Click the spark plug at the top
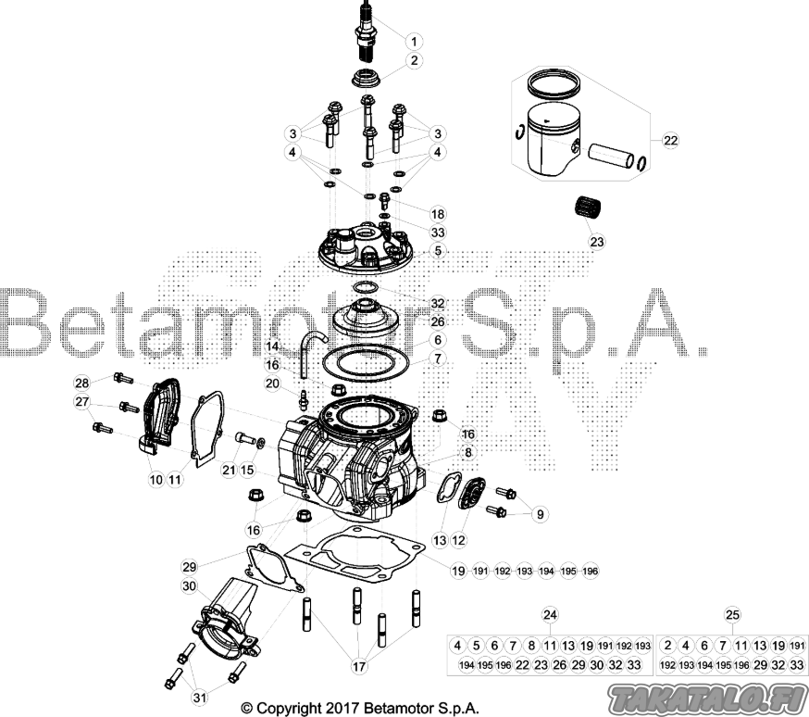coord(367,32)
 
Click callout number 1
coord(415,41)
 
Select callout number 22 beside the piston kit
coord(670,141)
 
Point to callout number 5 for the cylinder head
coord(438,251)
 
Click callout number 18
coord(438,214)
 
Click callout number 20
coord(272,383)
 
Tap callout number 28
coord(82,383)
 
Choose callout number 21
coord(229,470)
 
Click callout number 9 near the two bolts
coord(541,514)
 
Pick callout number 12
coord(458,540)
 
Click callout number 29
coord(190,567)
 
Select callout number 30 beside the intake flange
coord(190,586)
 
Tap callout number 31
coord(200,698)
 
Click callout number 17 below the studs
coord(359,666)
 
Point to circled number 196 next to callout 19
coord(590,571)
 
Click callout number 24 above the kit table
coord(551,614)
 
